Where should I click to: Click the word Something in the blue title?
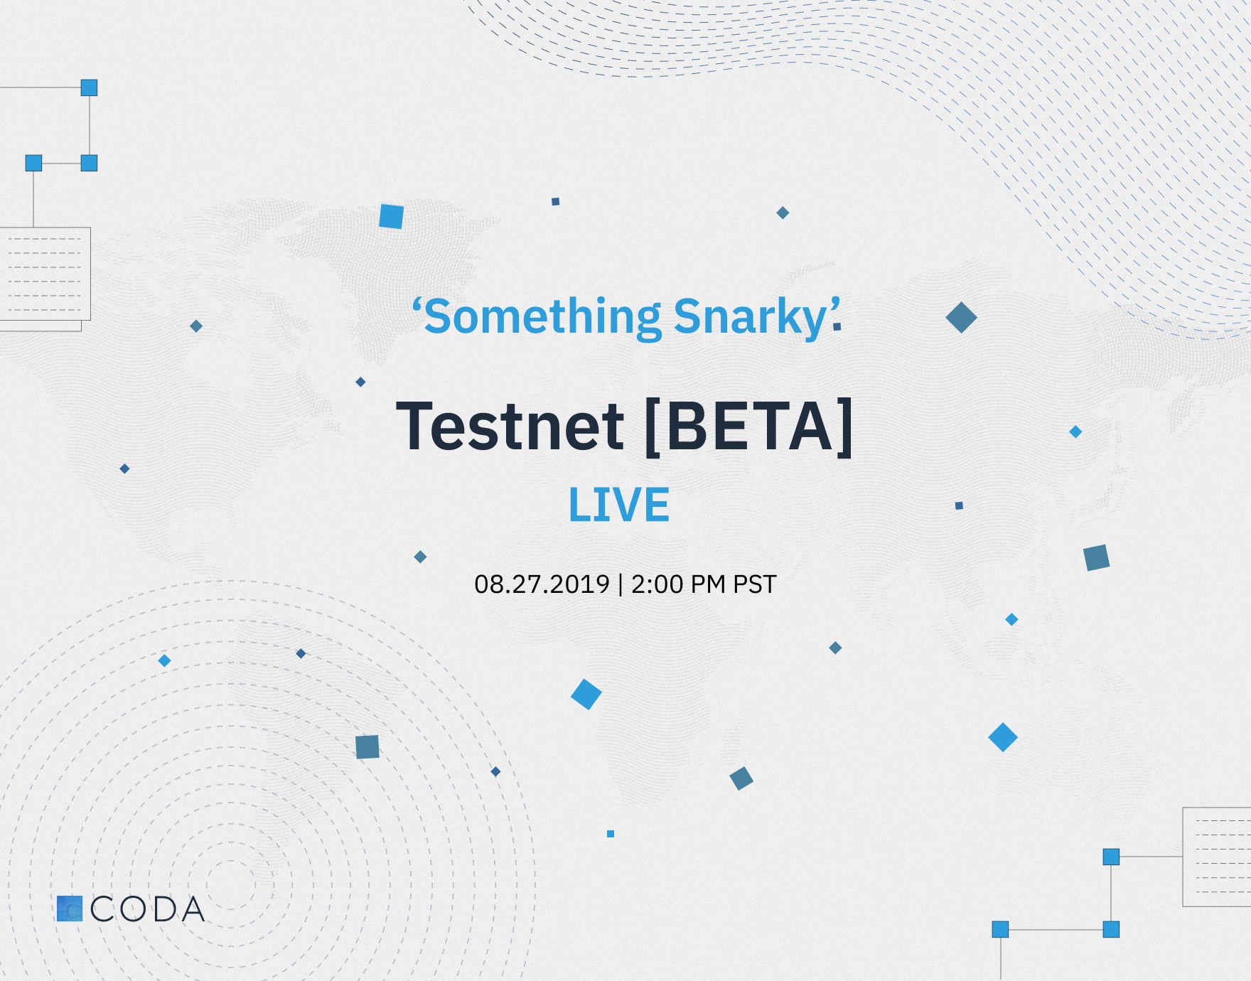tap(542, 317)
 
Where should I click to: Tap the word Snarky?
tap(750, 317)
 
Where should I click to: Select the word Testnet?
tap(510, 426)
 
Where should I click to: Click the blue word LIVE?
tap(619, 505)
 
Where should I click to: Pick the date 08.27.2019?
tap(542, 584)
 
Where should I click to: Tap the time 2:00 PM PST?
tap(704, 584)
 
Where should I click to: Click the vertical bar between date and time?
tap(621, 584)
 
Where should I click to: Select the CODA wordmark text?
tap(148, 909)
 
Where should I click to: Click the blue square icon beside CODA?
tap(70, 908)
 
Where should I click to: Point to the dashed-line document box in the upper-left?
tap(45, 274)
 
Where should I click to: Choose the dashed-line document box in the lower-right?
tap(1217, 857)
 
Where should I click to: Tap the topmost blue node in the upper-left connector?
tap(89, 87)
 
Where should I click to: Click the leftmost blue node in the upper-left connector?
tap(33, 163)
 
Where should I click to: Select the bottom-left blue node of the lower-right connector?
tap(1000, 929)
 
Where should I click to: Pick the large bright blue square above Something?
tap(391, 216)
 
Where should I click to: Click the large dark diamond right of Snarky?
tap(961, 318)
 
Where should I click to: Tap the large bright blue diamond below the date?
tap(586, 694)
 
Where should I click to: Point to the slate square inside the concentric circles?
tap(367, 746)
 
